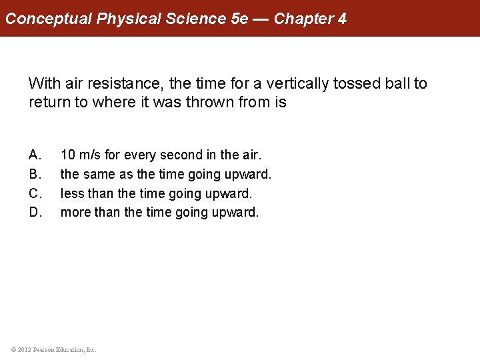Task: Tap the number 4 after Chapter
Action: tap(342, 19)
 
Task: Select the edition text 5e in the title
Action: tap(238, 19)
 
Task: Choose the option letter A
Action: tap(35, 155)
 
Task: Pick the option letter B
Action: tap(35, 175)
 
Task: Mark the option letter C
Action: tap(35, 194)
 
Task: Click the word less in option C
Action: tap(72, 194)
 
